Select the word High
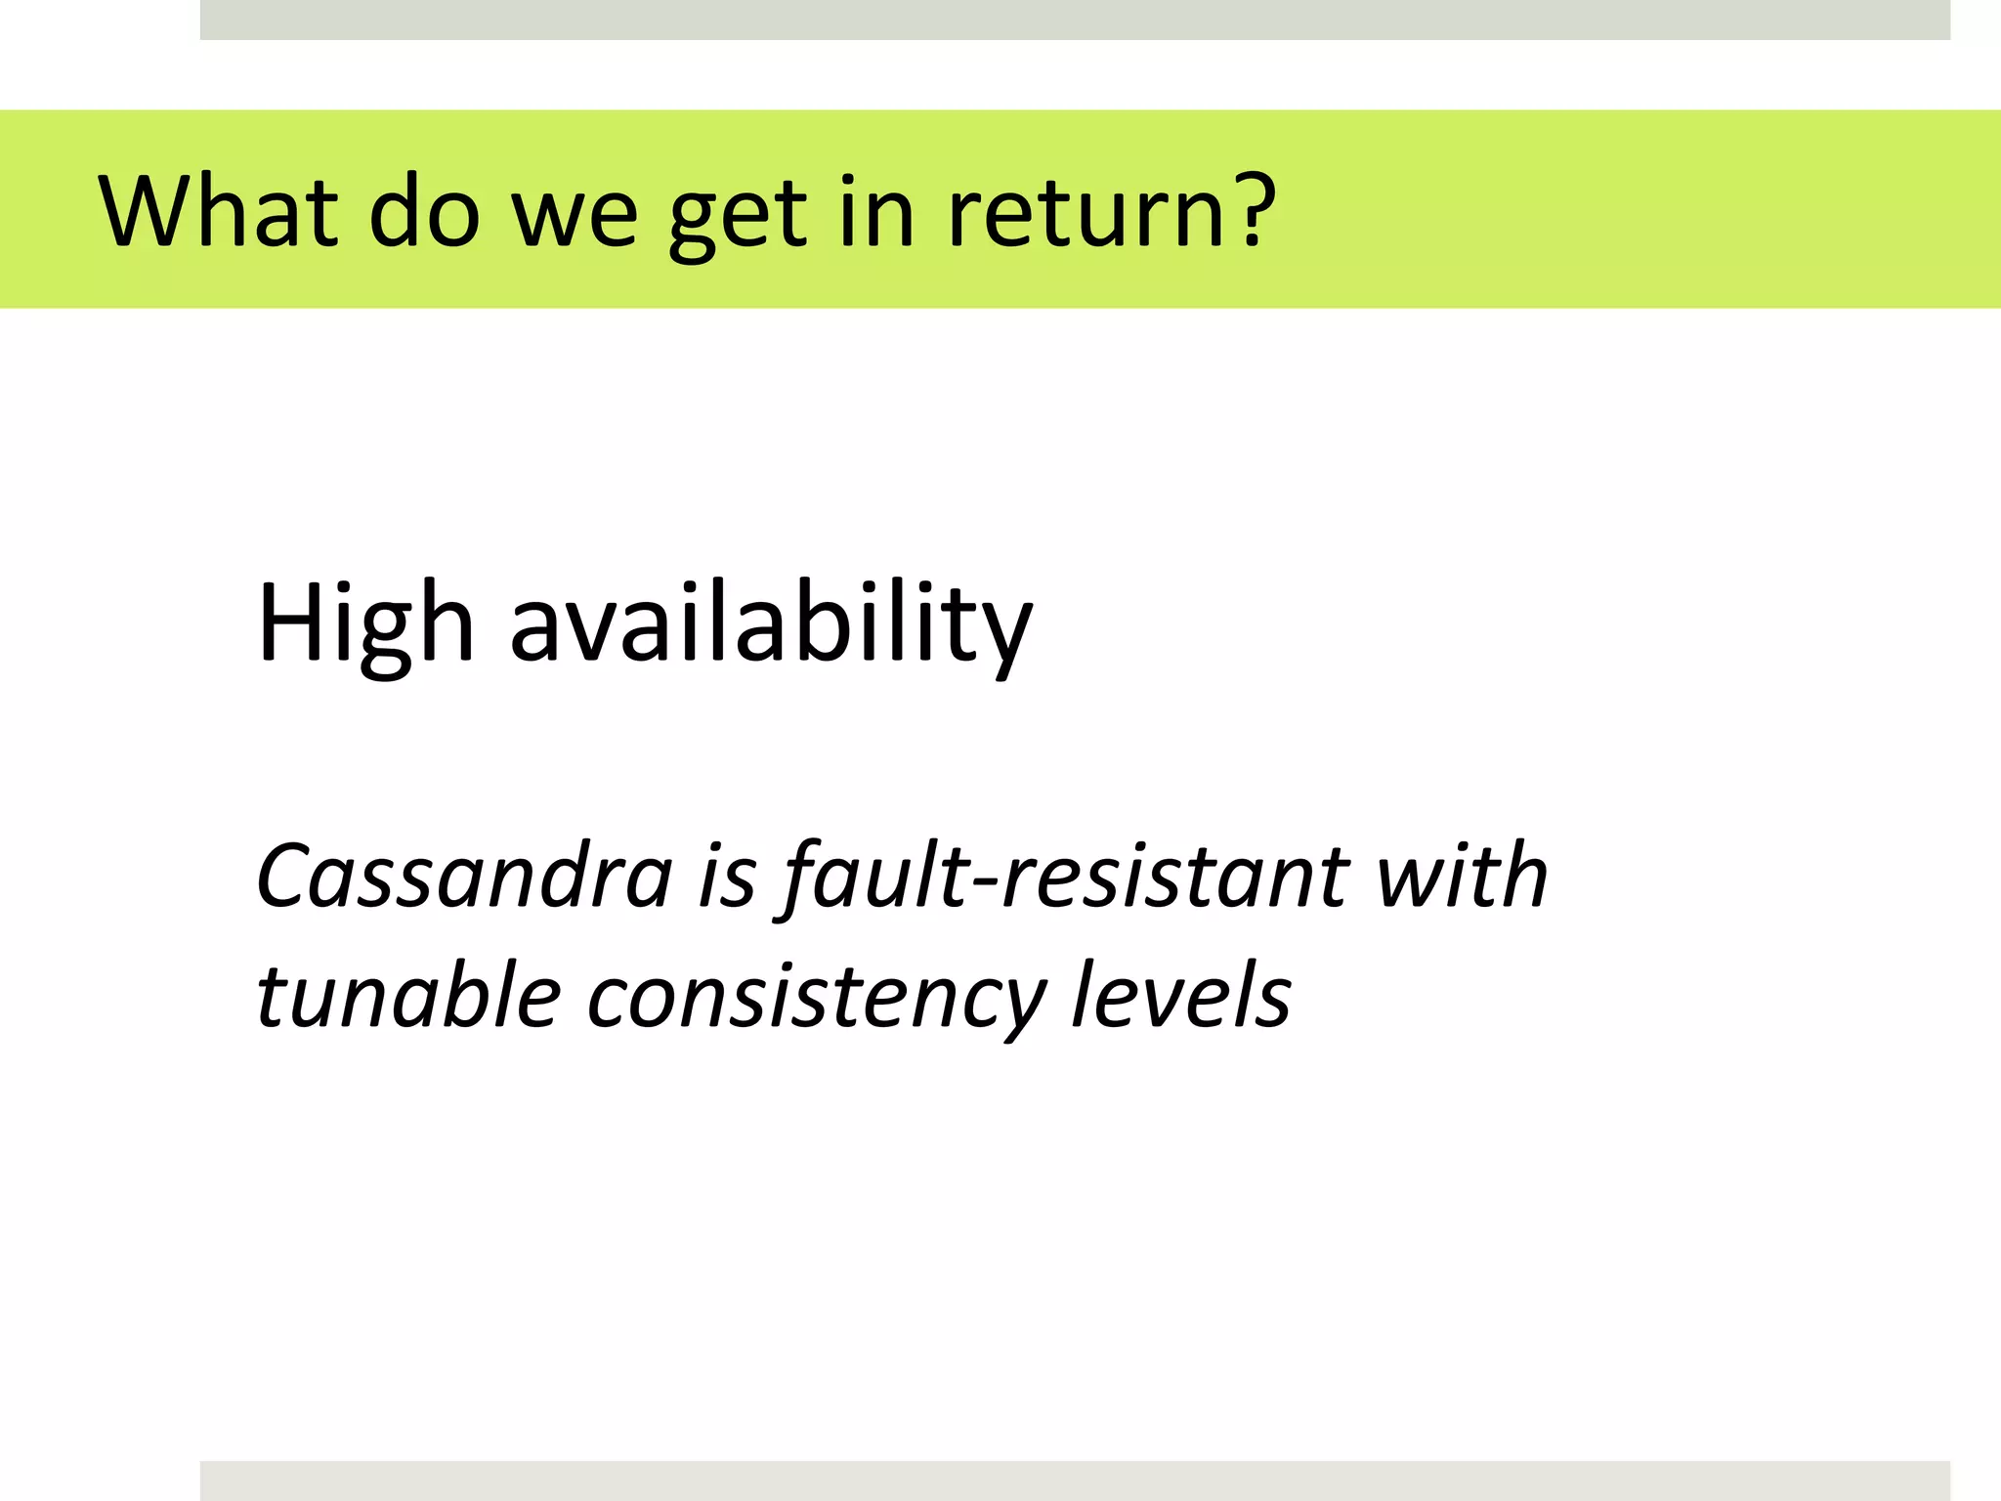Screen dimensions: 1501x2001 364,625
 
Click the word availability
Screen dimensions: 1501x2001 771,625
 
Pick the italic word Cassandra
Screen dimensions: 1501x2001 464,876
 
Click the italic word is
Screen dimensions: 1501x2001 727,876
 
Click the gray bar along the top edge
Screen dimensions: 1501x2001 1075,20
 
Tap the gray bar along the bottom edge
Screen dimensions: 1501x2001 1075,1480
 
